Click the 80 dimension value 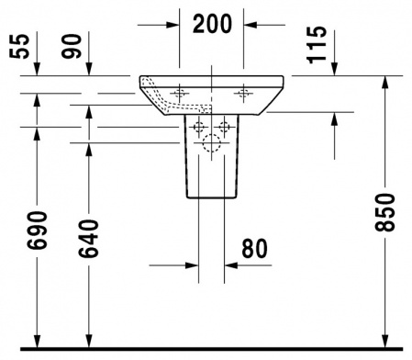(257, 247)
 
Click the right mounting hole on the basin (243, 93)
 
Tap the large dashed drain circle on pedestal (212, 142)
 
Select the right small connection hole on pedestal (224, 124)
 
